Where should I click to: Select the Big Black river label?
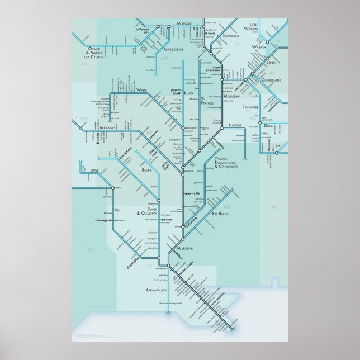(x=220, y=213)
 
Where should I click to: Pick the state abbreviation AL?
(x=274, y=207)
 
